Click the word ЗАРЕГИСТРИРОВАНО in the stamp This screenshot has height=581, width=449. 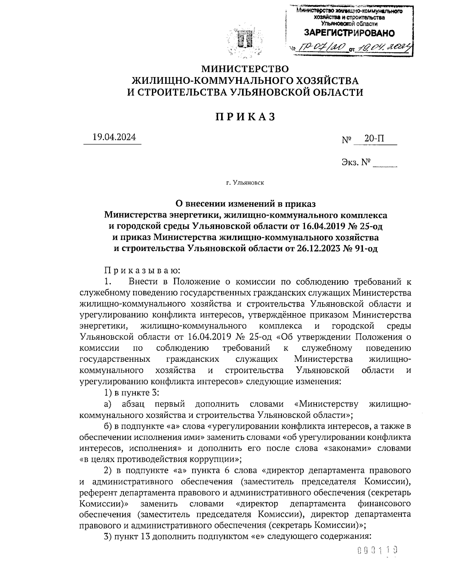(x=349, y=33)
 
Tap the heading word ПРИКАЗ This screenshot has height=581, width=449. (x=245, y=117)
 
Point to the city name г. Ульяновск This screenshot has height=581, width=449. (x=245, y=183)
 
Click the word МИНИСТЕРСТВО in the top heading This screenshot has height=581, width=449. (x=245, y=69)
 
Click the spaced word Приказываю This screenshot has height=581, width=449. (x=142, y=270)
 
